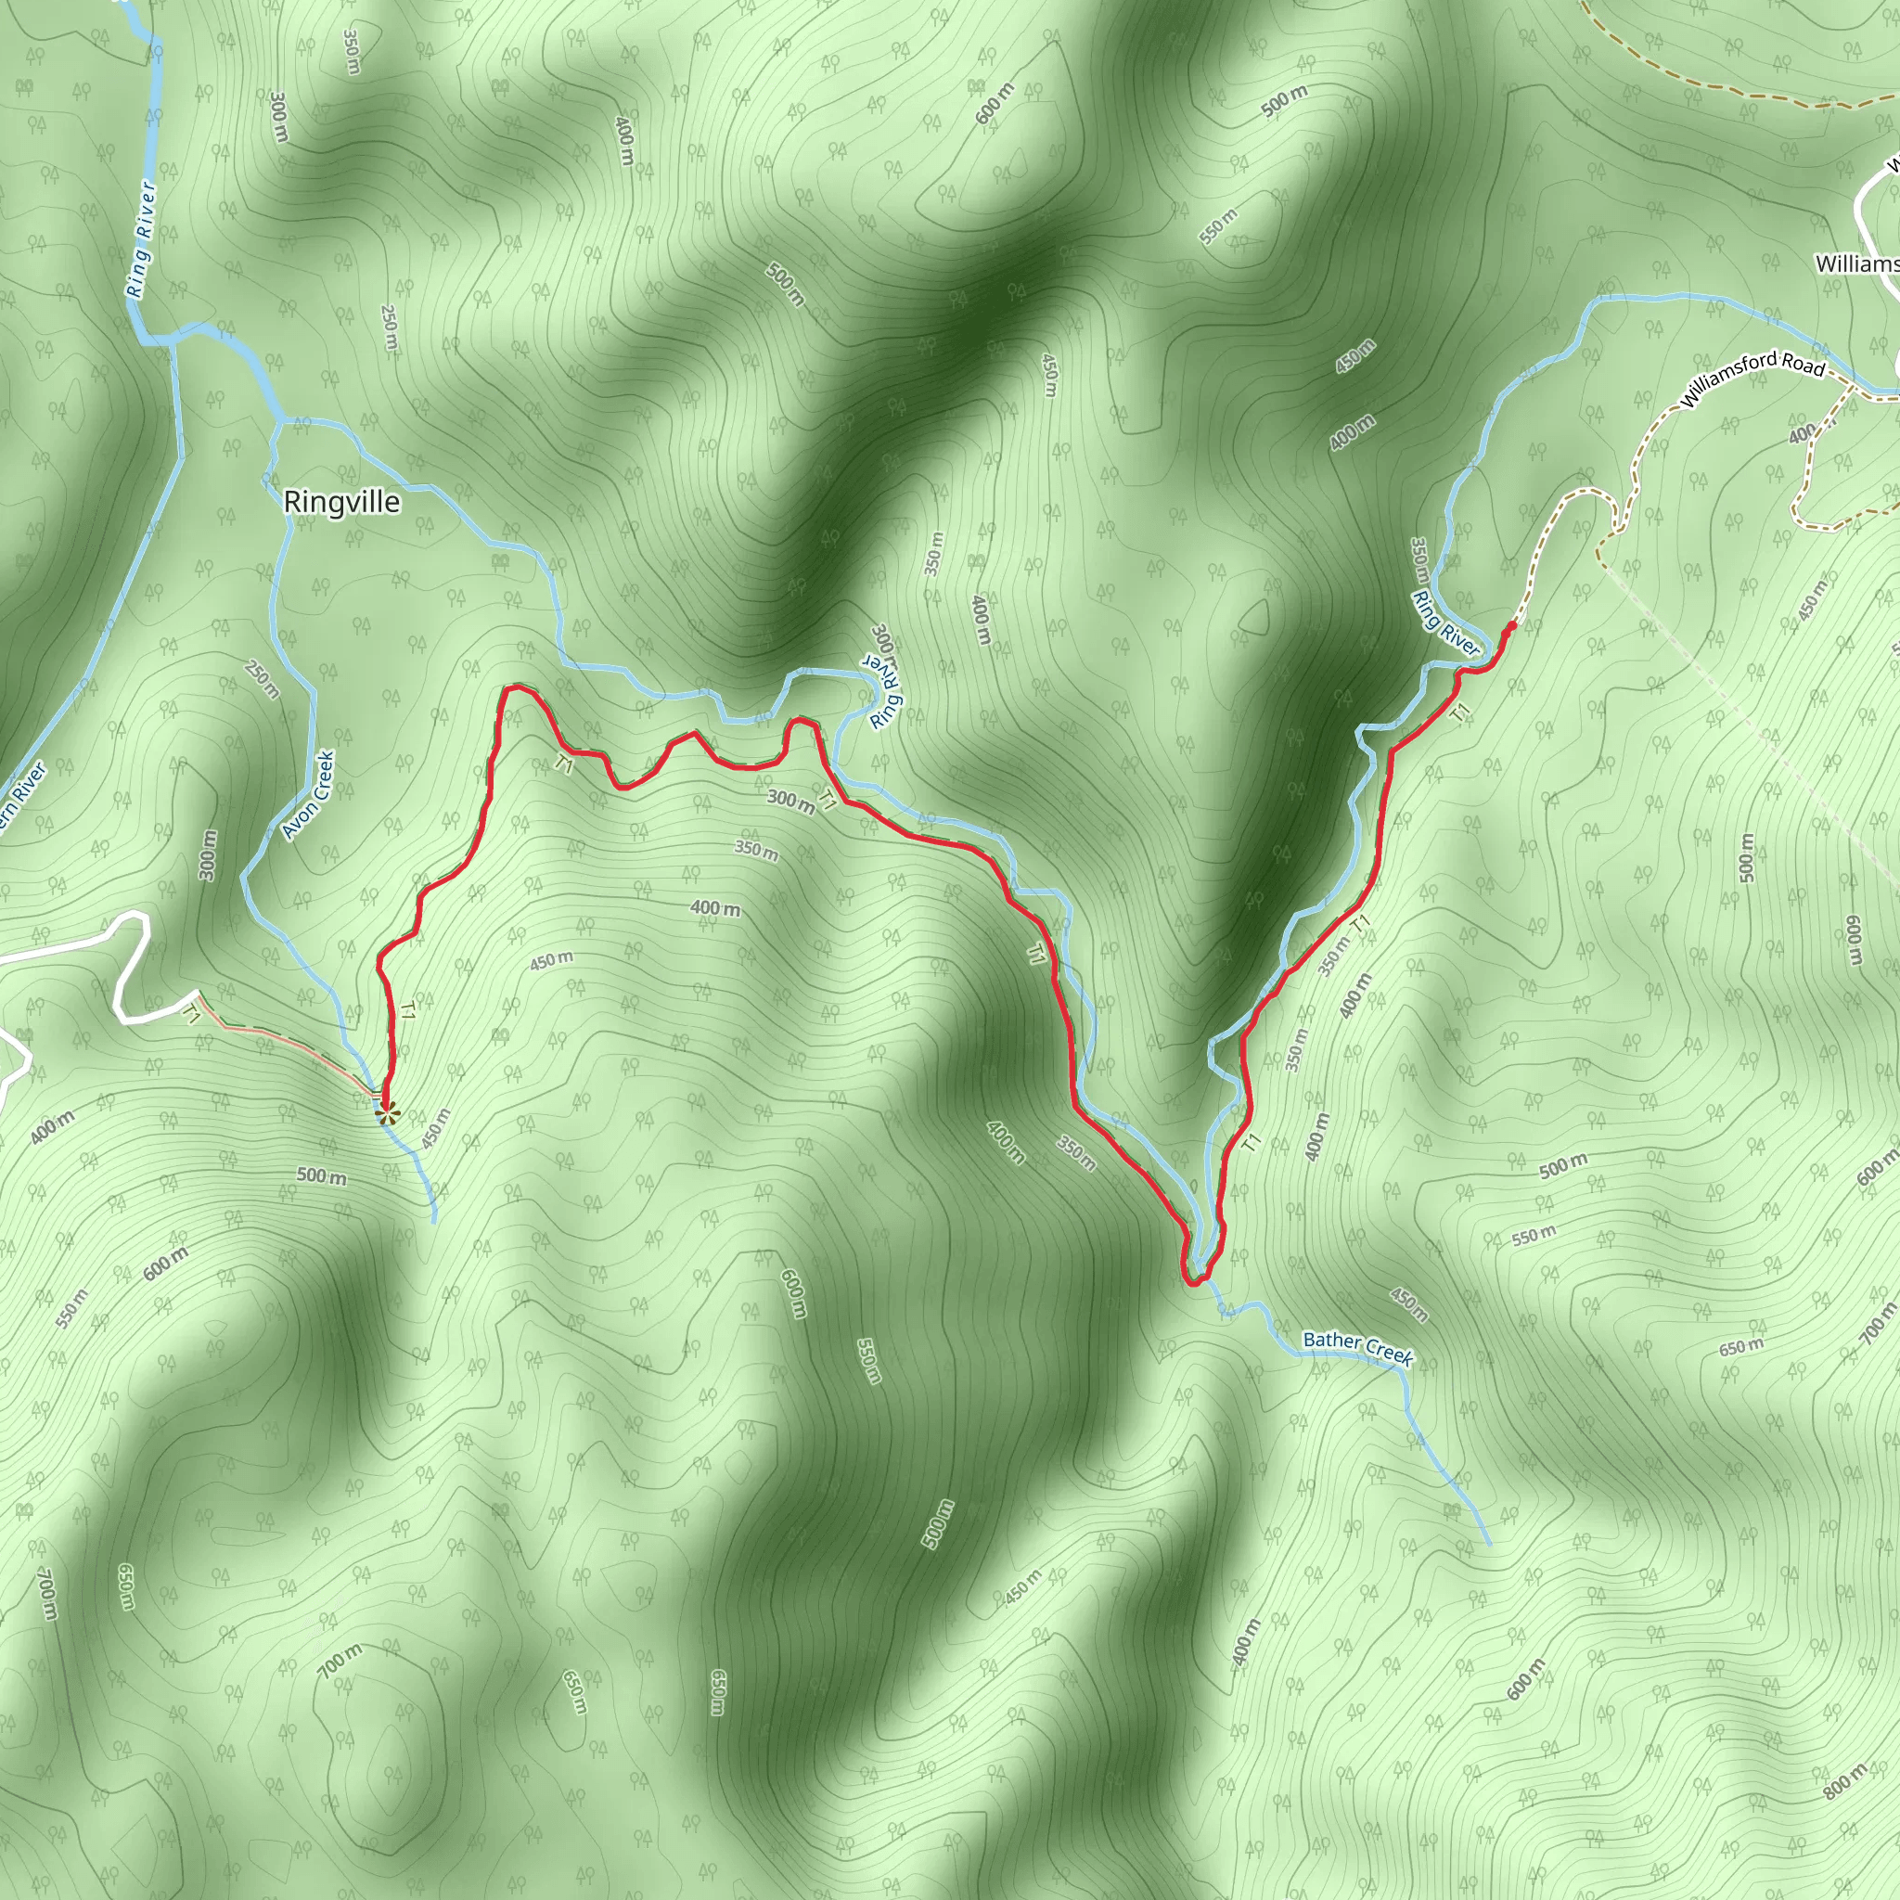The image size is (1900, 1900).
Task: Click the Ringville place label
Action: point(341,503)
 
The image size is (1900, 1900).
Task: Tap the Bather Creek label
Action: point(1357,1348)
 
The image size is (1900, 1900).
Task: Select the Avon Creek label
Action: point(309,795)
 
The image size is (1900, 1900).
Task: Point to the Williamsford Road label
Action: point(1752,379)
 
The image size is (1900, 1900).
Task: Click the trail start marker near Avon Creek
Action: point(388,1113)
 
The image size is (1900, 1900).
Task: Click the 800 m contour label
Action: point(1845,1781)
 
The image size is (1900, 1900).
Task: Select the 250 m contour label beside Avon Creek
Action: point(263,678)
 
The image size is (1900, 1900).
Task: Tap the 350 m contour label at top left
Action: point(351,51)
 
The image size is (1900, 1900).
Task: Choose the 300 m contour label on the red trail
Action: point(790,802)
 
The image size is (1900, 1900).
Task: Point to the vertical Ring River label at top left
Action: point(142,239)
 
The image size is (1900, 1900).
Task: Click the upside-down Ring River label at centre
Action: point(884,675)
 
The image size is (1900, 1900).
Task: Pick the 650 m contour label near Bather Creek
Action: point(1741,1346)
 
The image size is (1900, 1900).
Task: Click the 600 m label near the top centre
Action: point(995,103)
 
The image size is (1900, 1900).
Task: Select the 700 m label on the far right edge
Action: point(1879,1322)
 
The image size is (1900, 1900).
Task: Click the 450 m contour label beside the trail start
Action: point(436,1128)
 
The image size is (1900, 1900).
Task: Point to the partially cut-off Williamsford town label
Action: point(1856,263)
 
